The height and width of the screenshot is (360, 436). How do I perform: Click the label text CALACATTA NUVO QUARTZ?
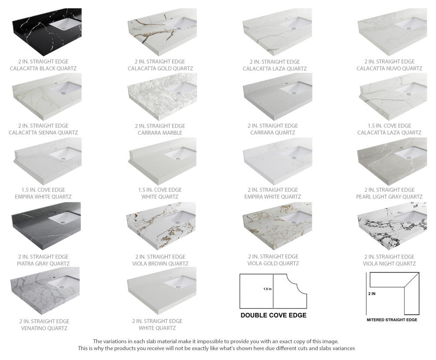coord(389,69)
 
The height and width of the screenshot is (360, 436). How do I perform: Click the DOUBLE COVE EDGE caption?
coord(273,315)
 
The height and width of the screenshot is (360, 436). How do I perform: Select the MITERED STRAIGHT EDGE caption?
coord(392,320)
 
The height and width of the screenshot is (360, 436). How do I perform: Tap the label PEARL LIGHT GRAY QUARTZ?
coord(389,197)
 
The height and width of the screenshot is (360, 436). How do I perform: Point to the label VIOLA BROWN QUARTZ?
coord(160,264)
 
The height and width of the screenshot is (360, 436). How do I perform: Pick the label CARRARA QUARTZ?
coord(274,132)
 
